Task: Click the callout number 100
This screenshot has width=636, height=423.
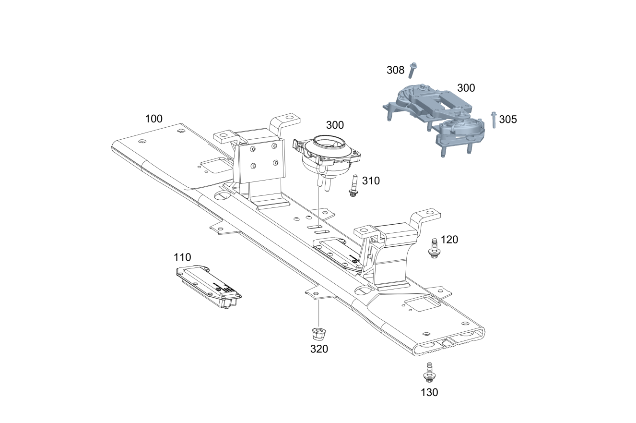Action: pyautogui.click(x=154, y=119)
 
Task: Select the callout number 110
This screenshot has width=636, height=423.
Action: pyautogui.click(x=182, y=257)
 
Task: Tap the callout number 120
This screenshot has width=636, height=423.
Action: pyautogui.click(x=449, y=239)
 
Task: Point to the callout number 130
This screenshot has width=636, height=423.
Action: pyautogui.click(x=429, y=392)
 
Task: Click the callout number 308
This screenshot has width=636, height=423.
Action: pyautogui.click(x=396, y=70)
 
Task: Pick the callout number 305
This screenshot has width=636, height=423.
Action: pyautogui.click(x=508, y=120)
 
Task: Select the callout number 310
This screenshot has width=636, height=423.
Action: pyautogui.click(x=371, y=181)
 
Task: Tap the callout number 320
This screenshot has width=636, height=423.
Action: pyautogui.click(x=319, y=349)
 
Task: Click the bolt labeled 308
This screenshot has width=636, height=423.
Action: pyautogui.click(x=413, y=70)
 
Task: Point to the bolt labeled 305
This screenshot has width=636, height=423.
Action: pyautogui.click(x=494, y=120)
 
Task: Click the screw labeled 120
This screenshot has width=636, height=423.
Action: pyautogui.click(x=434, y=248)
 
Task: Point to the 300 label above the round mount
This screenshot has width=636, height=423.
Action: pyautogui.click(x=335, y=125)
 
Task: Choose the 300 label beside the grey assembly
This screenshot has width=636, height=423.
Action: pyautogui.click(x=466, y=88)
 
